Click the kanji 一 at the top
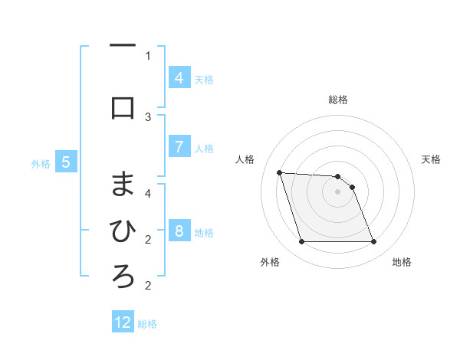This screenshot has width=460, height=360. pos(123,47)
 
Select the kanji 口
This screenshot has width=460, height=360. pos(123,108)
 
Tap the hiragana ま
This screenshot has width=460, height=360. pos(123,183)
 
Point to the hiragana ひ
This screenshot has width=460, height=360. pos(123,229)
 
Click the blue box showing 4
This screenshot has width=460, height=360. pos(179,77)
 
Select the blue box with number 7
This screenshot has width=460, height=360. pos(179,146)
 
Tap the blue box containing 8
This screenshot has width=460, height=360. pos(179,231)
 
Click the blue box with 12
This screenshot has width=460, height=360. pos(123,322)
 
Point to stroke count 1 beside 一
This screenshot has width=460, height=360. pos(148,55)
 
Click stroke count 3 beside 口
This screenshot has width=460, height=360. pos(148,116)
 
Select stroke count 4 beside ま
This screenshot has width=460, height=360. pos(148,193)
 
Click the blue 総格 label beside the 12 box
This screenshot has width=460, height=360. pos(148,323)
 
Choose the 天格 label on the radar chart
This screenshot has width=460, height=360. pos(432,159)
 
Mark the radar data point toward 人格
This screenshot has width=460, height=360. pos(279,172)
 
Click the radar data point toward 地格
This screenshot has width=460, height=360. pos(373,242)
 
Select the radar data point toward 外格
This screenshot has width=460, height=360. pos(301,242)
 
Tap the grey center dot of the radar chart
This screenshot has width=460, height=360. pos(337,191)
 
